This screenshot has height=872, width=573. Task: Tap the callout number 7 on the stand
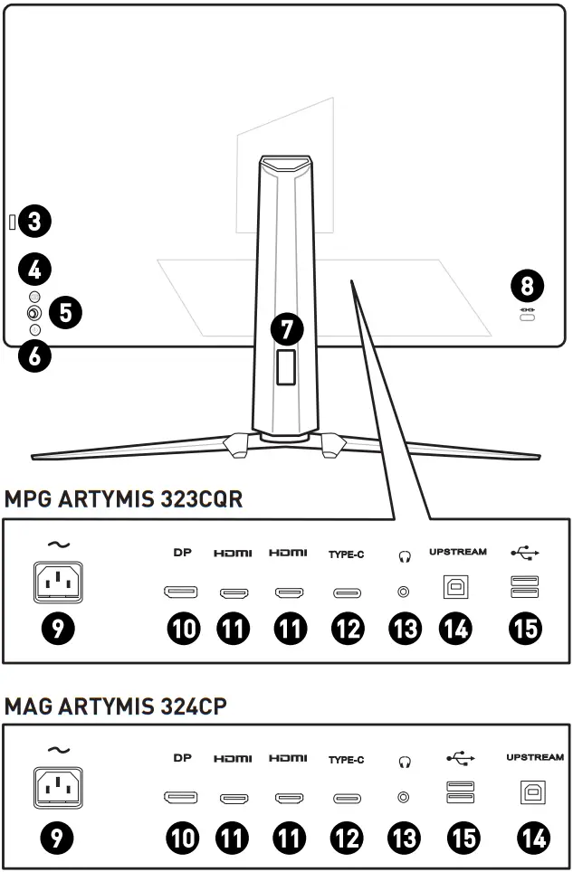[287, 327]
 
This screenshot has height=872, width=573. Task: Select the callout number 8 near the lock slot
[527, 287]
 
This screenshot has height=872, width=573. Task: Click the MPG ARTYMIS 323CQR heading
[123, 498]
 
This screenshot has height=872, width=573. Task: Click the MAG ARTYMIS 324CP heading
[115, 706]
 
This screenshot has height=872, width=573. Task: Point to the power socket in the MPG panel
[58, 583]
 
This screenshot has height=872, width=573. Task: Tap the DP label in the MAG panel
[184, 758]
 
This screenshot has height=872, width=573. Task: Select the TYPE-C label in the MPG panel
[346, 554]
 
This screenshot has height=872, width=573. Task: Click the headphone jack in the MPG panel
[402, 592]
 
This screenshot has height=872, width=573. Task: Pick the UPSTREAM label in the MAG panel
[534, 757]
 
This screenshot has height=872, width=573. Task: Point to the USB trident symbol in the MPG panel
[524, 552]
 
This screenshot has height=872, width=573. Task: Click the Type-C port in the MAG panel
[346, 798]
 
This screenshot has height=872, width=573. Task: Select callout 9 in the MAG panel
[58, 839]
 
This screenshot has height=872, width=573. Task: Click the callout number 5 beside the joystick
[65, 313]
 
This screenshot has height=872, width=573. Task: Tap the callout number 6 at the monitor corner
[35, 355]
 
